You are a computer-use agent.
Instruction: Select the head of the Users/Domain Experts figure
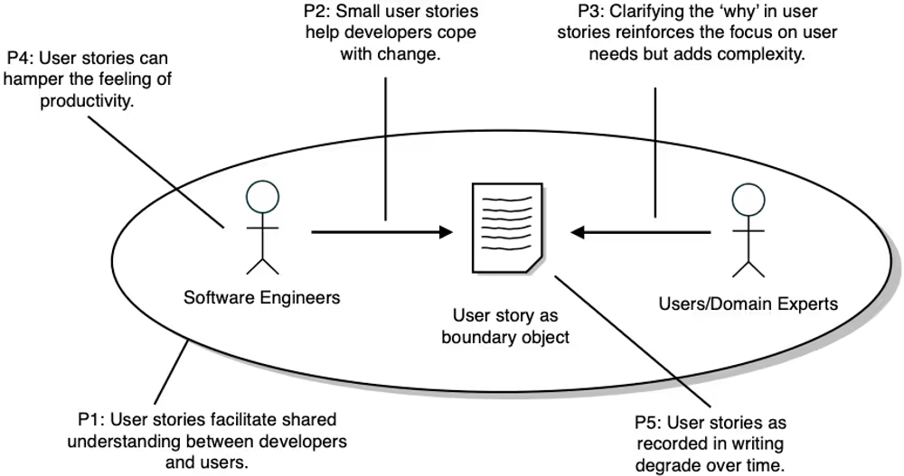[x=744, y=197]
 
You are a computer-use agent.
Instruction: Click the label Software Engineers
[x=262, y=296]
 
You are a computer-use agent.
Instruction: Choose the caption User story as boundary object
[x=505, y=327]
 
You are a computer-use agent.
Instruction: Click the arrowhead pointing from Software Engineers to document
[x=444, y=232]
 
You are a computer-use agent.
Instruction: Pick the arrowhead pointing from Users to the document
[x=579, y=232]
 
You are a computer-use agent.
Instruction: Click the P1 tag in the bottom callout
[x=89, y=420]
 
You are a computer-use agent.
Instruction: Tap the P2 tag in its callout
[x=317, y=13]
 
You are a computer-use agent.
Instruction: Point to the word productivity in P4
[x=85, y=100]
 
